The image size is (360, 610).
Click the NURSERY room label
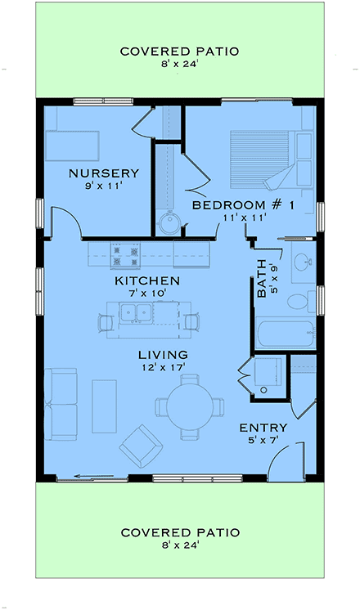coord(103,173)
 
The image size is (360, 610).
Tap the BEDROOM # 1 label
coord(242,204)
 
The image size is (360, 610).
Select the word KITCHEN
coord(146,280)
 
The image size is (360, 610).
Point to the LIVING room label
coord(163,355)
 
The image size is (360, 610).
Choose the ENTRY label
coord(263,428)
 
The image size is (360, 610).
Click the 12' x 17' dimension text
coord(163,368)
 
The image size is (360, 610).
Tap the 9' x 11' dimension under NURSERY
coord(103,186)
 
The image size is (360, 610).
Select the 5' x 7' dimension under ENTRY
coord(263,440)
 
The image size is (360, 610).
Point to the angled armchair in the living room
coord(141,445)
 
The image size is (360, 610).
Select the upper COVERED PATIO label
coord(179,52)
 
